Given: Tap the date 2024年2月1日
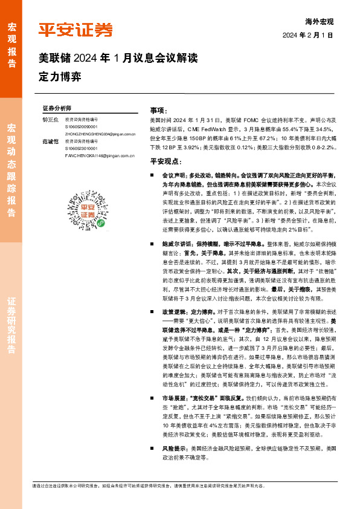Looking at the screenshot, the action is [x=308, y=35].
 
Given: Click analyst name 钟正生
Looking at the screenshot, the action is [x=51, y=120].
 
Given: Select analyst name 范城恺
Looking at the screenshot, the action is [x=51, y=141].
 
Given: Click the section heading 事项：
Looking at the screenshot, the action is [x=158, y=111].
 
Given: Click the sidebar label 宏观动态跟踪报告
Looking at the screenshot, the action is [x=11, y=169].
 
